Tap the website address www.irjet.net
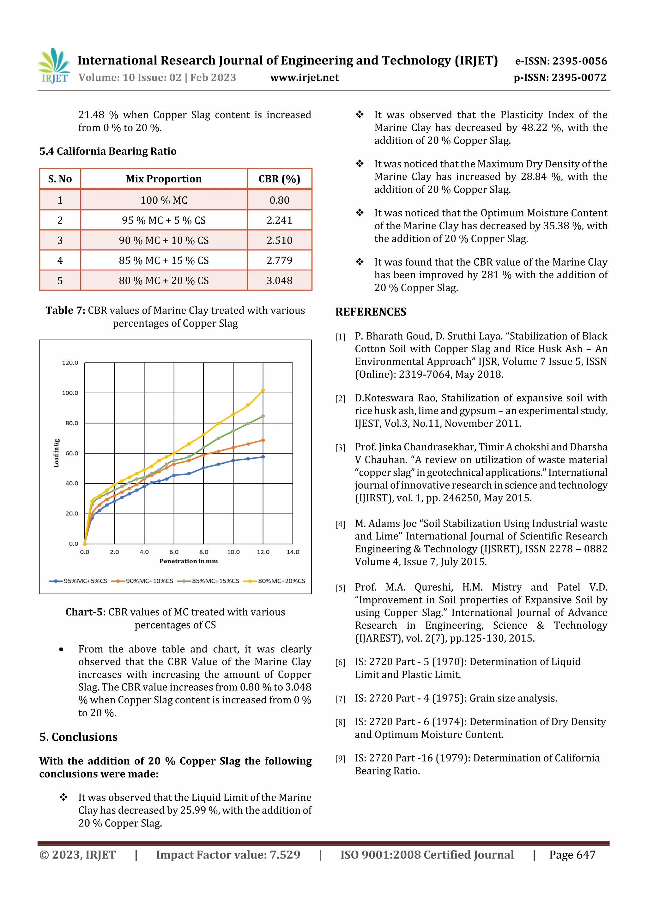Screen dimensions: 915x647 point(304,78)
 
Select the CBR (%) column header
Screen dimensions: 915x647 point(279,179)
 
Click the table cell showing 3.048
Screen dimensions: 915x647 point(279,280)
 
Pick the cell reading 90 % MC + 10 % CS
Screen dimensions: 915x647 point(163,240)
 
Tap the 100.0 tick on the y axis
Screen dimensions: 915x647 point(70,393)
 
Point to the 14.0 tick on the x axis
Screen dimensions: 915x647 point(293,552)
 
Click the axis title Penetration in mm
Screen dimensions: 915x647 point(189,561)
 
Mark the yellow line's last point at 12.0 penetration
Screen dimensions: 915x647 point(263,390)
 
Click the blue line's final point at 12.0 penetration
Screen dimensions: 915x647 point(263,457)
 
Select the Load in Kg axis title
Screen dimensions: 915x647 point(57,453)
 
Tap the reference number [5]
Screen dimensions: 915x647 point(340,588)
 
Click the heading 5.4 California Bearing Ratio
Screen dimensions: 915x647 point(108,151)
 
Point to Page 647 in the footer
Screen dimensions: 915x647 point(572,854)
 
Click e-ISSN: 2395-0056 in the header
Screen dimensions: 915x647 point(561,61)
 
